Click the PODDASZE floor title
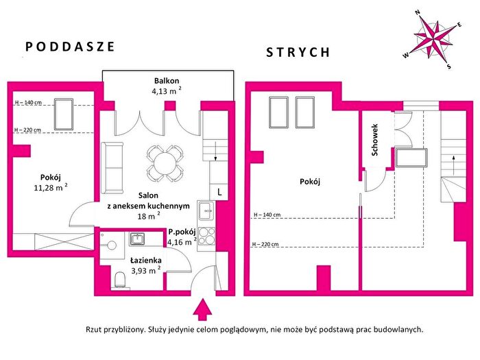point(70,47)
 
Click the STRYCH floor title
point(298,52)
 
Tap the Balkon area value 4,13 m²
point(167,91)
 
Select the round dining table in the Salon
point(165,163)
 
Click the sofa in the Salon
point(112,168)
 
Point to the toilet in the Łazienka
point(120,280)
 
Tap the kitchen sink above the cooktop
point(206,211)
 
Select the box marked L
point(219,192)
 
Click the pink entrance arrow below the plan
point(202,309)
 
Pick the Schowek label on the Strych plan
point(374,140)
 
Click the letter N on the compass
point(417,12)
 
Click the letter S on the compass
point(448,67)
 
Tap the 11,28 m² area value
point(51,187)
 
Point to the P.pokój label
point(182,232)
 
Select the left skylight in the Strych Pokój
point(279,112)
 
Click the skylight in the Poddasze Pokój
point(64,115)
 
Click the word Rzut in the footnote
point(93,330)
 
